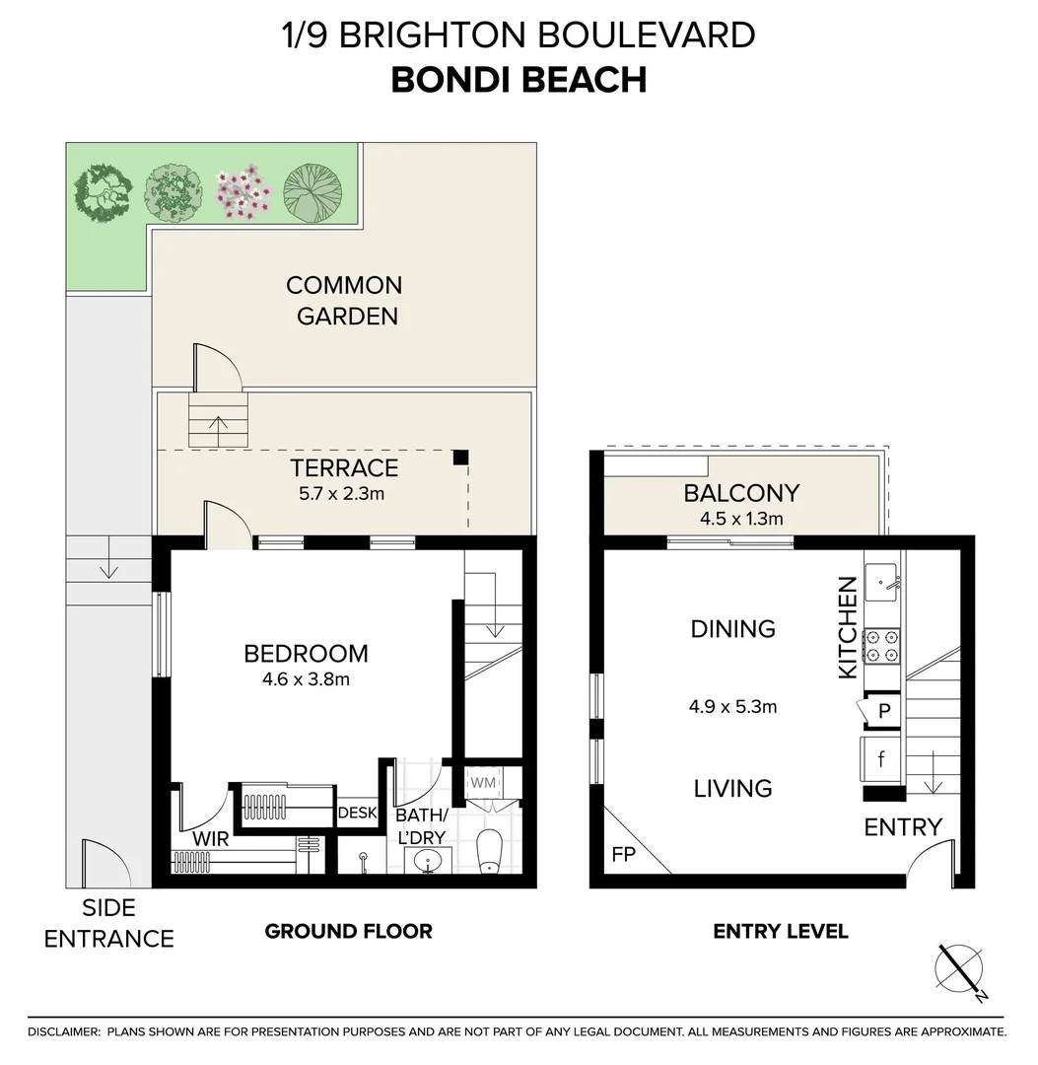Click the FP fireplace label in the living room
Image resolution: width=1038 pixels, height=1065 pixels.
pos(623,854)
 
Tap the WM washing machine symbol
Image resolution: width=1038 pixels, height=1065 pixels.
pos(482,782)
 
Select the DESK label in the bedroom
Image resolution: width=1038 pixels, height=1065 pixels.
pos(357,814)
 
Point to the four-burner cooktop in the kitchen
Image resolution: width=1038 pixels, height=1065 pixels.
pos(882,646)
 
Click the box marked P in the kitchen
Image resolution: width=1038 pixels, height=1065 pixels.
pos(884,710)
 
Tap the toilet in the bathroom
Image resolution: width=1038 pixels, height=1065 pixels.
pos(489,853)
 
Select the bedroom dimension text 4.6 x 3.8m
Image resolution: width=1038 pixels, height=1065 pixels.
pos(306,679)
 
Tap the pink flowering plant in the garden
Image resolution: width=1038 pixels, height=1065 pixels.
pos(242,190)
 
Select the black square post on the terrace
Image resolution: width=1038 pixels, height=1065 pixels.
pos(459,457)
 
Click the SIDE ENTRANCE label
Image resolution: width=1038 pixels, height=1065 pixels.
pos(108,923)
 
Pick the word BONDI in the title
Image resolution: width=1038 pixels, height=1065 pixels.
pos(449,80)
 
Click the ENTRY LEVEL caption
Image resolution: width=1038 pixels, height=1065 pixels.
pos(780,931)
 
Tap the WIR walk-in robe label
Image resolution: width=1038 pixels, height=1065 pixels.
pos(211,838)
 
